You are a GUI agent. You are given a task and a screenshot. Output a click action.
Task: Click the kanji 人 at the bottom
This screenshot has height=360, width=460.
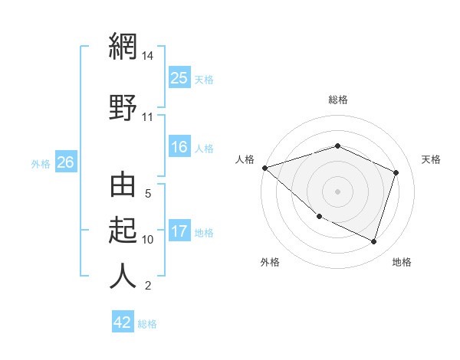pyautogui.click(x=123, y=275)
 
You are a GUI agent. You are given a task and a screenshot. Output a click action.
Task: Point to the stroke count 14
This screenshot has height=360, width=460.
pyautogui.click(x=147, y=56)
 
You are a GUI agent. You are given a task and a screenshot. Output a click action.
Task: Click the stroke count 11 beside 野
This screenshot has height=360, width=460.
pyautogui.click(x=147, y=117)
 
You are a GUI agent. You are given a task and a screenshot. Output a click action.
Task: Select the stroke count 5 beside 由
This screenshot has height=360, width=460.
pyautogui.click(x=148, y=195)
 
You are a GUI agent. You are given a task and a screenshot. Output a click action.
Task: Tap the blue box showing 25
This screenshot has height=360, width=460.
pyautogui.click(x=179, y=78)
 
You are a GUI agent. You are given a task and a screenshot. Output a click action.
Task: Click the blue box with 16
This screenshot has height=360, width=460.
pyautogui.click(x=179, y=148)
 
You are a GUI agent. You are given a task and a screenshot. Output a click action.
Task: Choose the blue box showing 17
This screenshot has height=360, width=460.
pyautogui.click(x=179, y=231)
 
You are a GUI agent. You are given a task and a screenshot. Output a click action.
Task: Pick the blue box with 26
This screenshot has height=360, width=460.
pyautogui.click(x=66, y=162)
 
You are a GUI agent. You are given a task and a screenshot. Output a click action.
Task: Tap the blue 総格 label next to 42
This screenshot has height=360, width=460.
pyautogui.click(x=147, y=324)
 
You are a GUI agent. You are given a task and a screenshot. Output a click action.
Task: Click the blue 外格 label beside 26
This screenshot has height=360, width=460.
pyautogui.click(x=41, y=163)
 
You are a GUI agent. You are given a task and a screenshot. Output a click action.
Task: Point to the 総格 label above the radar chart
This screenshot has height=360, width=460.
pyautogui.click(x=337, y=100)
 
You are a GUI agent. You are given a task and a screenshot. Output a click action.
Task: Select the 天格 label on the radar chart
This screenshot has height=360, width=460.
pyautogui.click(x=431, y=159)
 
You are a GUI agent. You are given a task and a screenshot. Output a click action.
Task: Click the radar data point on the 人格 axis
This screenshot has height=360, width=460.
pyautogui.click(x=264, y=168)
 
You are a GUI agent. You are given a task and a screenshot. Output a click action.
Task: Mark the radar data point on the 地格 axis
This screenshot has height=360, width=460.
pyautogui.click(x=373, y=242)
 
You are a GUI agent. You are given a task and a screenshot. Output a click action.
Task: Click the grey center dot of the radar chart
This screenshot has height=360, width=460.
pyautogui.click(x=337, y=191)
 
